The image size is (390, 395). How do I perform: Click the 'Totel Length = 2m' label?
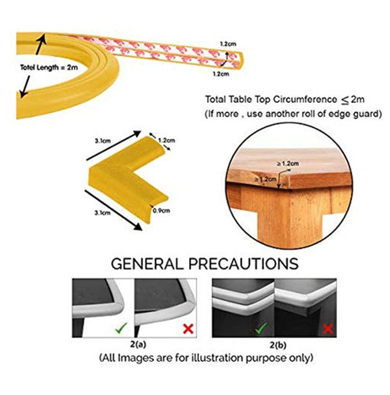coord(49,68)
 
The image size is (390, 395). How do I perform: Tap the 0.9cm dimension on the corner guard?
coord(161,210)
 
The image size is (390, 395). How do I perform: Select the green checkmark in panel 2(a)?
coord(121,328)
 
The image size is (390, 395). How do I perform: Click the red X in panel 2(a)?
coord(188,329)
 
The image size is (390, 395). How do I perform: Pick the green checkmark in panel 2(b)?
coord(261,328)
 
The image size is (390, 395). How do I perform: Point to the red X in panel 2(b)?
coord(328,329)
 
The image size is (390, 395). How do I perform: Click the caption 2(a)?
coord(138,344)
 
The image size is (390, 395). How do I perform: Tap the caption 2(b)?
coord(278,345)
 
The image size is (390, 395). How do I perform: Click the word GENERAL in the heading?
coord(147,264)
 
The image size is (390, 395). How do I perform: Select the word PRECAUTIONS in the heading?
coord(244,264)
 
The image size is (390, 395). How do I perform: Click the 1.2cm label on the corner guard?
coord(167,141)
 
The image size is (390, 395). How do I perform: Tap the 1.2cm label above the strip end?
coord(228,44)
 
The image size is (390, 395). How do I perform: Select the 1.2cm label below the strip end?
coord(221,74)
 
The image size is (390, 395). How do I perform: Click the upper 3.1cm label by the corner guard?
coord(103,141)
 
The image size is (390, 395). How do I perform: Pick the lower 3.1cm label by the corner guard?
coord(102,213)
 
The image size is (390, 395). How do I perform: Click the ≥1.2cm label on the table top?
coord(288,164)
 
